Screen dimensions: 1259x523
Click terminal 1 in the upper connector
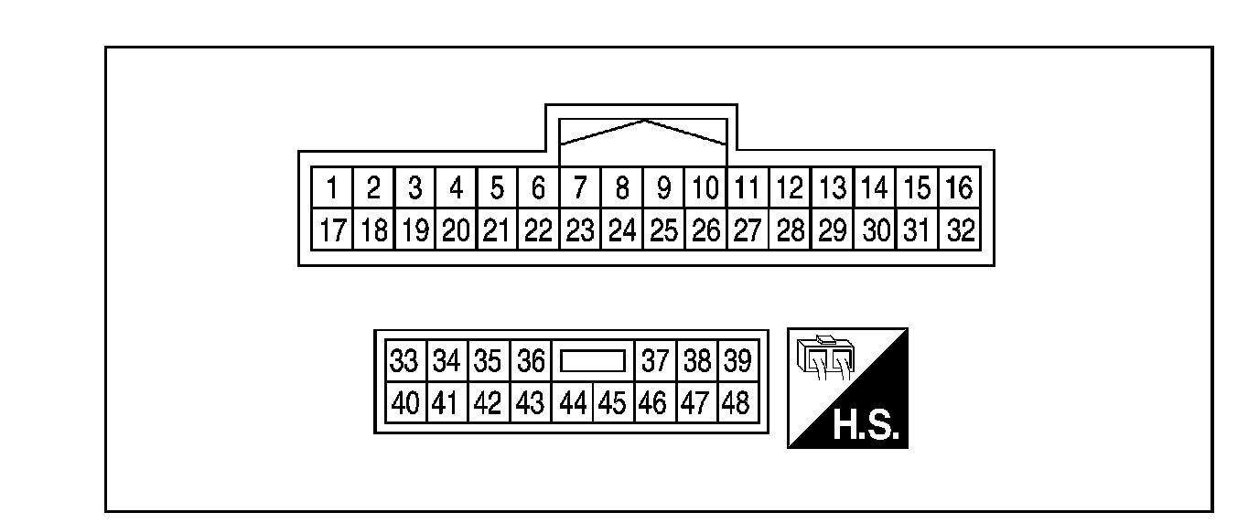pos(332,189)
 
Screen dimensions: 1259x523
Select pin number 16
pos(958,189)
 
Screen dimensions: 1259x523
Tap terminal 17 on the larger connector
pos(332,229)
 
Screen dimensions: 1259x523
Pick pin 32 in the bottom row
pos(958,229)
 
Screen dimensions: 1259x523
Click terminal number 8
pos(621,189)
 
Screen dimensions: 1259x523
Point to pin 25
pos(663,229)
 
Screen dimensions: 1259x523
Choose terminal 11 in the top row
pos(748,189)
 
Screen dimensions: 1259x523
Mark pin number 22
pos(538,229)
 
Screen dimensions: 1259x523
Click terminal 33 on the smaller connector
pos(404,362)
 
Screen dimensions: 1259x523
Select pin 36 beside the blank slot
pos(531,362)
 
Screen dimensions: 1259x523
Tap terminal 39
pos(737,362)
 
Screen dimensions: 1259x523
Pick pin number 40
pos(404,402)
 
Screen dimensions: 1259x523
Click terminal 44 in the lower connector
pos(573,402)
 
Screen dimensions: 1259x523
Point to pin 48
pos(737,402)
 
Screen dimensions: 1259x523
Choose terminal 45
pos(613,402)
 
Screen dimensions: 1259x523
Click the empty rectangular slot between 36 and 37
pos(592,362)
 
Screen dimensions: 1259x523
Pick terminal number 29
pos(832,229)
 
